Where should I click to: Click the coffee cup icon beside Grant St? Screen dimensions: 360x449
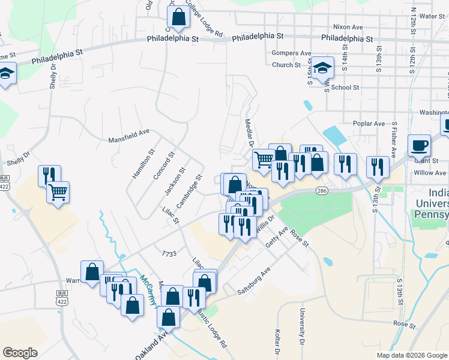[x=419, y=145]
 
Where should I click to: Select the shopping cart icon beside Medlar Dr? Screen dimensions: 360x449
[x=264, y=160]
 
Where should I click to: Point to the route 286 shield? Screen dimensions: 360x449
[x=322, y=191]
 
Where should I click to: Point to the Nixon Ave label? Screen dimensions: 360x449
[x=348, y=28]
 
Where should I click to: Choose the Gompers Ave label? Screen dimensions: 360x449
[x=291, y=53]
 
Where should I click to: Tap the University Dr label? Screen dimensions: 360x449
[x=302, y=324]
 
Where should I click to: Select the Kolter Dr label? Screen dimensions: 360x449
[x=277, y=339]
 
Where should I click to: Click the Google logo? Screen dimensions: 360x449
[x=20, y=353]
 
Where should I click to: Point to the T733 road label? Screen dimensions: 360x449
[x=169, y=254]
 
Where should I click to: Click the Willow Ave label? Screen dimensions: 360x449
[x=430, y=173]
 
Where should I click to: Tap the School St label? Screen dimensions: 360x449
[x=345, y=87]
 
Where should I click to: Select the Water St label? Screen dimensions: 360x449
[x=432, y=16]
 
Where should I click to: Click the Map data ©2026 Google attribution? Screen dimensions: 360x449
[x=411, y=355]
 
